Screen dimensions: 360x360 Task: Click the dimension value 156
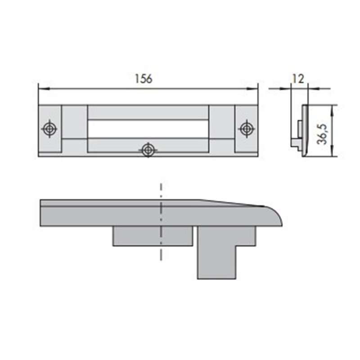coord(144,78)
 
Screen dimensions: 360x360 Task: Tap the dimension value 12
coord(298,79)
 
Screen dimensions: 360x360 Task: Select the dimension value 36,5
coord(322,134)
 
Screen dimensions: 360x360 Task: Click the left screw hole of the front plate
coord(49,129)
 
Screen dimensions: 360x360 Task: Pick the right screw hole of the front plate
coord(247,129)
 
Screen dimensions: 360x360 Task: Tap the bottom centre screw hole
coord(148,150)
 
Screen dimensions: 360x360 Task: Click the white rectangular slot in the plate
coord(148,129)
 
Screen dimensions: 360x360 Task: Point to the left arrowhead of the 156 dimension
coord(44,88)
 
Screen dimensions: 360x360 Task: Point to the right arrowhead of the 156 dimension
coord(252,88)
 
